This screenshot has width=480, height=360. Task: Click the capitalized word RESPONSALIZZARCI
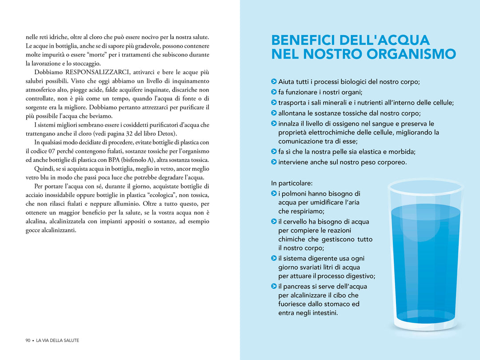[93, 72]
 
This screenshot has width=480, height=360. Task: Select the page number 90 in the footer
[28, 340]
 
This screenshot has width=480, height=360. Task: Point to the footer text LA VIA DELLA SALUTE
[57, 340]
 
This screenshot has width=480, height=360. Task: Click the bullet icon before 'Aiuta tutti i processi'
[274, 81]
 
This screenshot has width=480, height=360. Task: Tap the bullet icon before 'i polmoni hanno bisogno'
[274, 193]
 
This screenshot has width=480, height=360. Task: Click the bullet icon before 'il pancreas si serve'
[274, 286]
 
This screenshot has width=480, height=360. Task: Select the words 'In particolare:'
[292, 183]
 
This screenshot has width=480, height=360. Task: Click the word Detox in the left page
[167, 134]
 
